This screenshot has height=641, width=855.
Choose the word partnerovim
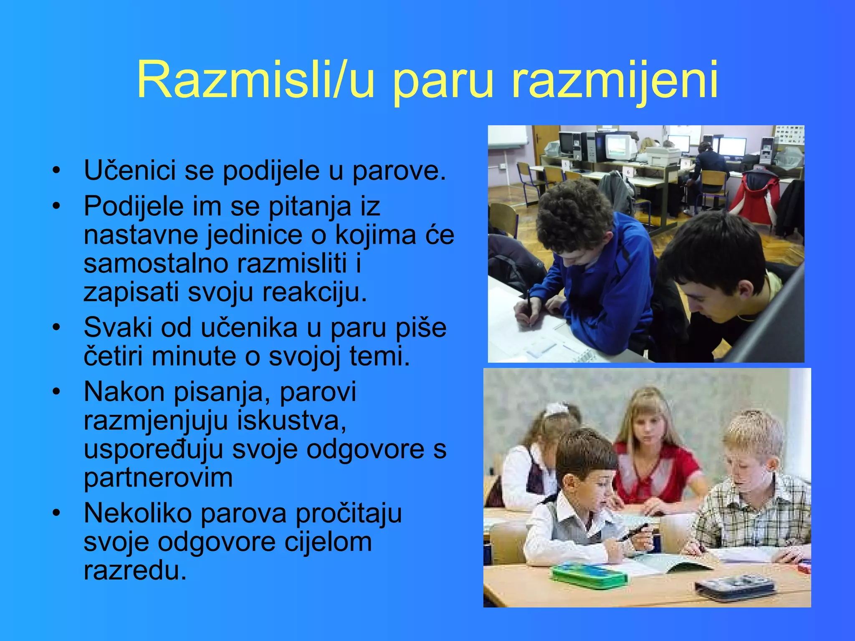(158, 478)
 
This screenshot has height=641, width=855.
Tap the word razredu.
(134, 570)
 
